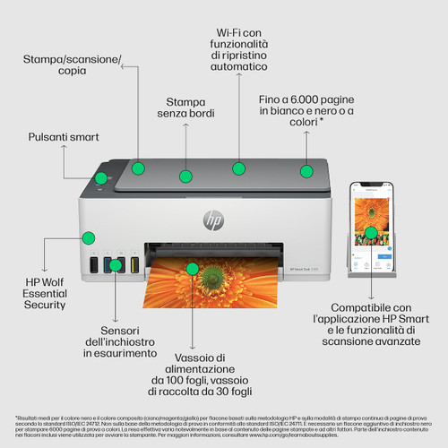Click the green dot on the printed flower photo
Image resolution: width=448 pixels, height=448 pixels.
coord(190,267)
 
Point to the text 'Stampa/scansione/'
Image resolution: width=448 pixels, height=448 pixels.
coord(73,60)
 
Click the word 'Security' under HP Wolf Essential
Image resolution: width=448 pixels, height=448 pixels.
coord(45,305)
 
